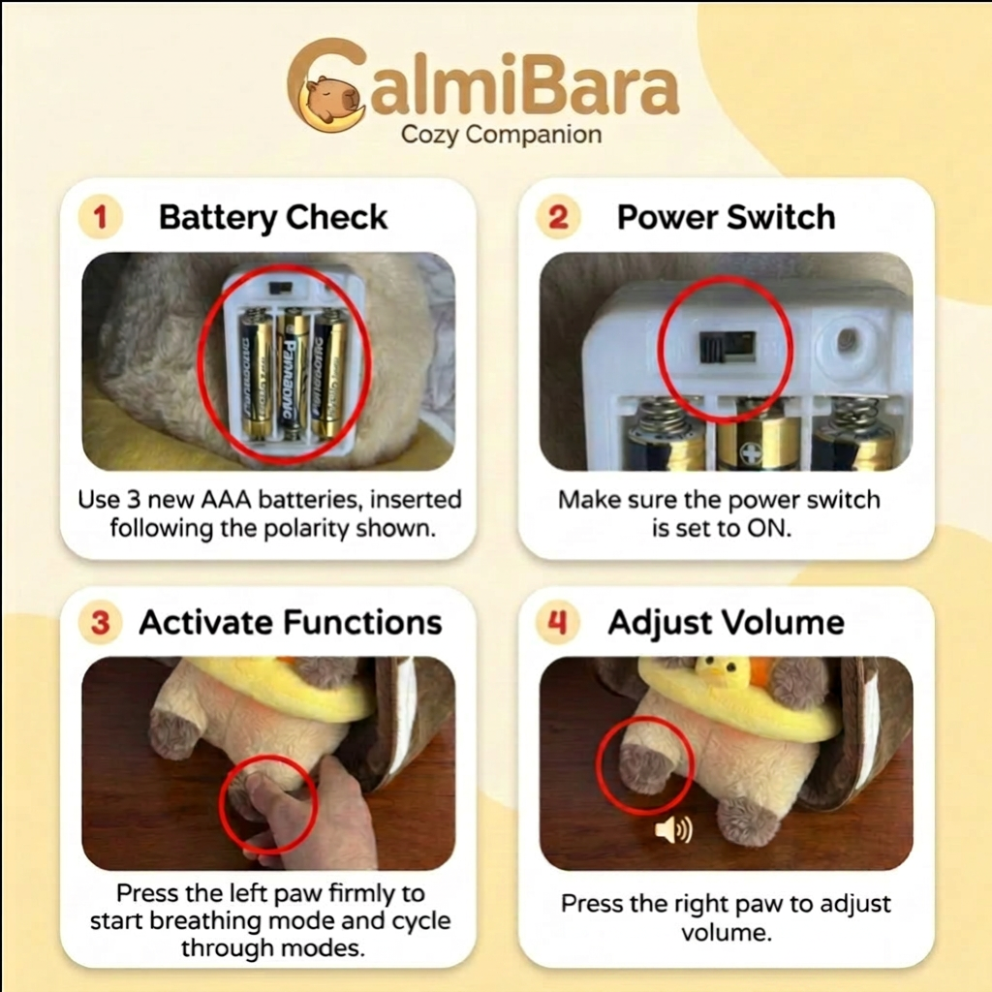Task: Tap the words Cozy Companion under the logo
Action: (x=501, y=135)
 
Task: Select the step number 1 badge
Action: (x=100, y=218)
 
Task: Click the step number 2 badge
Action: (x=558, y=218)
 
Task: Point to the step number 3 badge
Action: (x=100, y=623)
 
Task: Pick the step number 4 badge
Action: (x=557, y=623)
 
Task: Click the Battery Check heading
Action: (x=272, y=218)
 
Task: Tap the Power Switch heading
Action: (x=727, y=217)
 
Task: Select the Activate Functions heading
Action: (x=291, y=622)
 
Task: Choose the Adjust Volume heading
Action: (x=727, y=623)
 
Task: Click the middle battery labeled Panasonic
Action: (x=293, y=375)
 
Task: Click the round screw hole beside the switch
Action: (x=846, y=342)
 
